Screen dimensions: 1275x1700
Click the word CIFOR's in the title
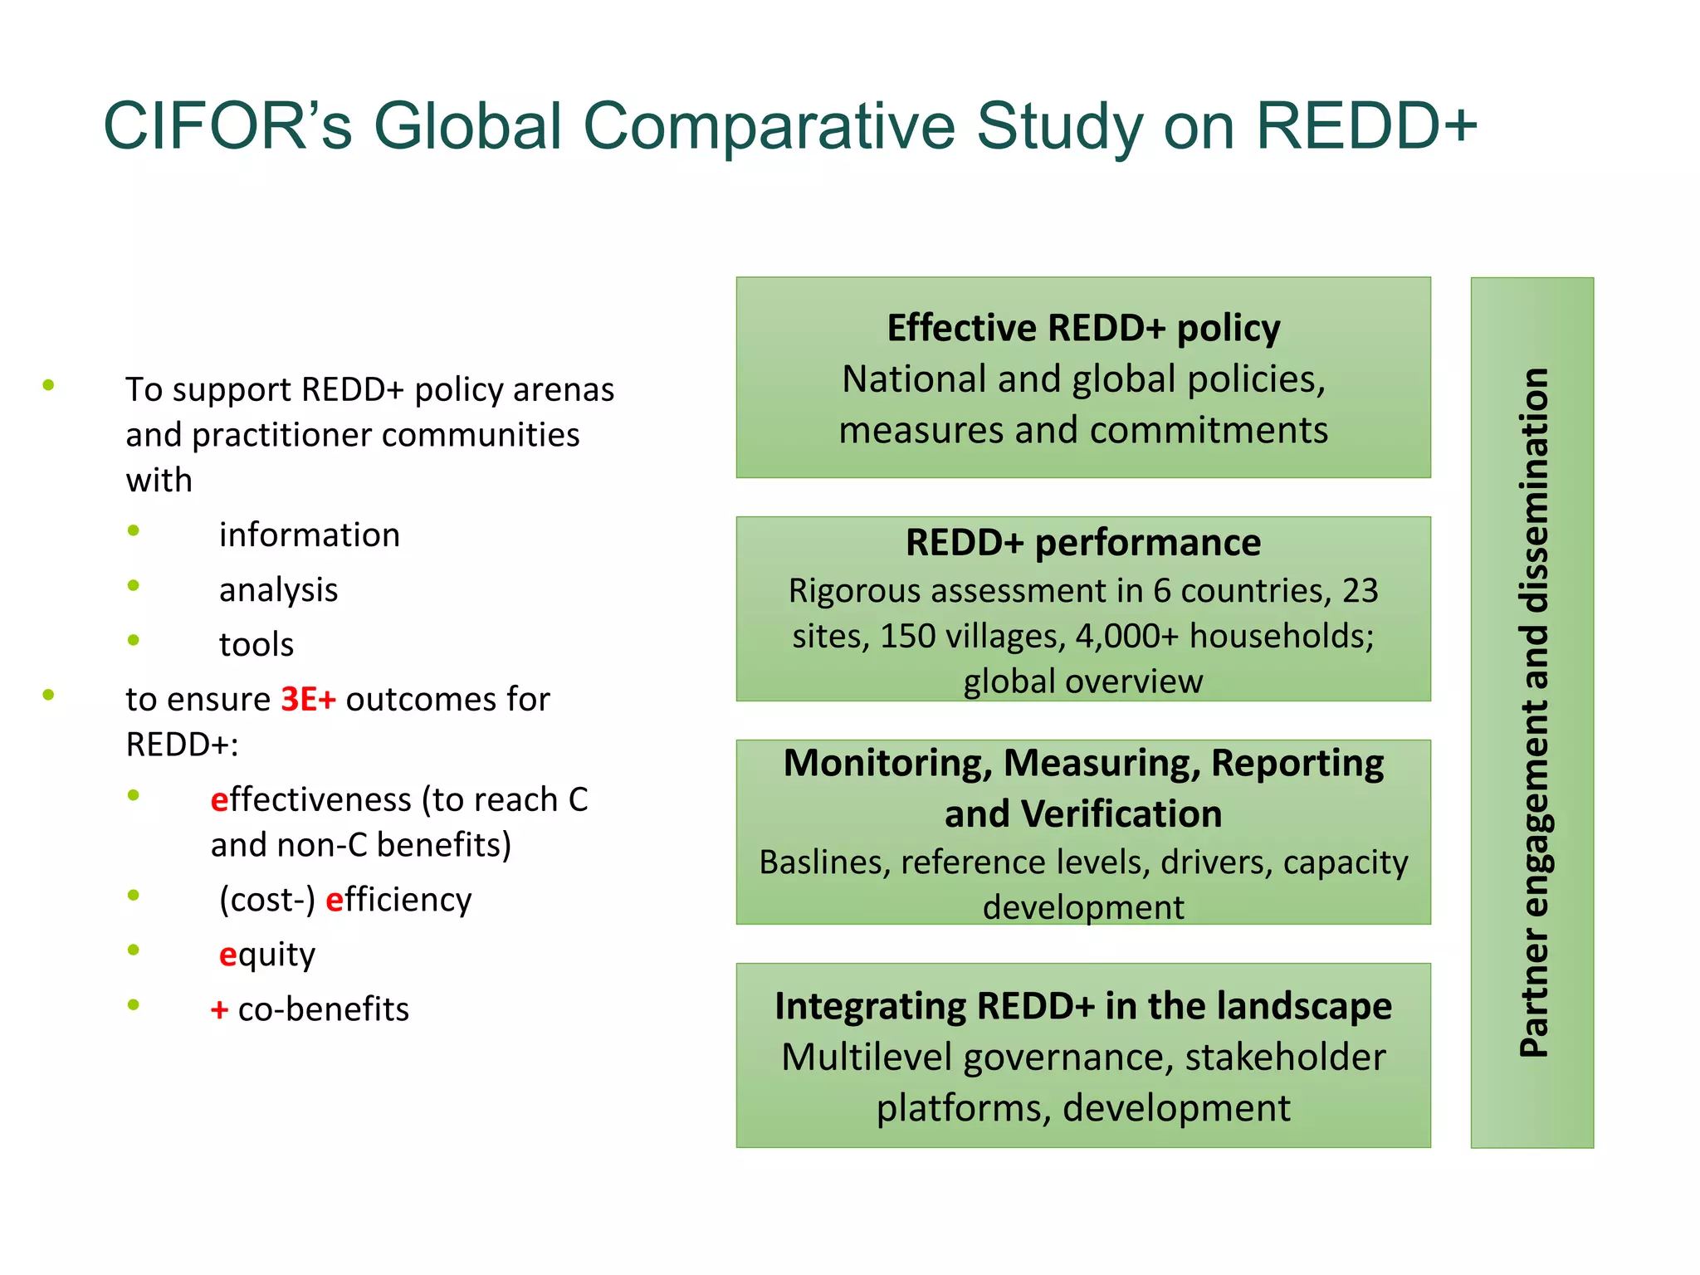click(x=227, y=126)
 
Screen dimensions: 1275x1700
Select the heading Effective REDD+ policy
click(x=1083, y=328)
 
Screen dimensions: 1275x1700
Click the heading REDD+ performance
click(x=1083, y=543)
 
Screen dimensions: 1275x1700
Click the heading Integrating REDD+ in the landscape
click(x=1083, y=1006)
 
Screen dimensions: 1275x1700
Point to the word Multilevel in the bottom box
click(x=867, y=1058)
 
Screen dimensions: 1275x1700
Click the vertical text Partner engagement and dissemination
click(x=1533, y=712)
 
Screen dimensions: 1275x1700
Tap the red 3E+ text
click(x=308, y=699)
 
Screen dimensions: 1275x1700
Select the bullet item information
click(x=309, y=535)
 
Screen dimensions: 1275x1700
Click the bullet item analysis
click(x=278, y=589)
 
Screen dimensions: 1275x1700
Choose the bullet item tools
click(x=256, y=644)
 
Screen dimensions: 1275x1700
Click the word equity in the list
click(x=266, y=955)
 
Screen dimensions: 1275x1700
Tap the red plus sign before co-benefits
click(x=219, y=1009)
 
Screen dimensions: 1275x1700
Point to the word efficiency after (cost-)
click(x=398, y=900)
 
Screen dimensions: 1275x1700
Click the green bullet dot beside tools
click(x=133, y=640)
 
